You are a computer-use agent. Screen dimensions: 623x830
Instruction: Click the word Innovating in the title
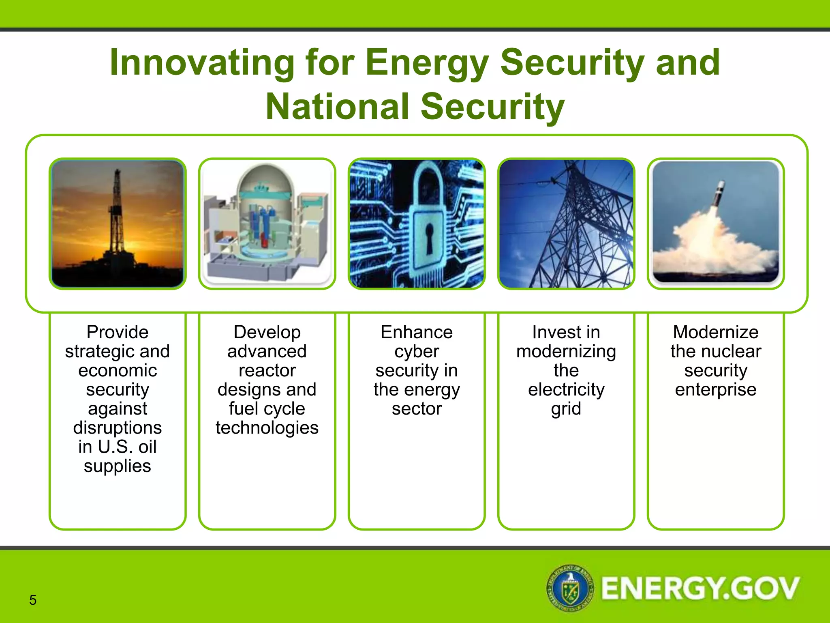202,63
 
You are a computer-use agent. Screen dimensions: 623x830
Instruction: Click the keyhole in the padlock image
428,237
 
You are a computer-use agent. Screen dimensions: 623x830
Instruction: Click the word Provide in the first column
118,332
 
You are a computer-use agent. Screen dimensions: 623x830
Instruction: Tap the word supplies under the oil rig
118,466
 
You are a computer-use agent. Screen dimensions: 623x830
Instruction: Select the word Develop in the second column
267,332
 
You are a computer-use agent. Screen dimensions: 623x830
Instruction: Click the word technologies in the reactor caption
267,428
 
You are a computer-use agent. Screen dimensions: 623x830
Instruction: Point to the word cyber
417,351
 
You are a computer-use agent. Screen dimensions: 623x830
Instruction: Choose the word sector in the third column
417,409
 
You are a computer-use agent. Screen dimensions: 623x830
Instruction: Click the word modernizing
566,351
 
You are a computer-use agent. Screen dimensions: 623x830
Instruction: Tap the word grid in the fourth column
566,409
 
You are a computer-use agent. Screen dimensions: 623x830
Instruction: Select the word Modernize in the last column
716,332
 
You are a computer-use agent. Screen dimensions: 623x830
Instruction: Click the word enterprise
716,390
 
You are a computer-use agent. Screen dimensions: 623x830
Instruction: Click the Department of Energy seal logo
571,588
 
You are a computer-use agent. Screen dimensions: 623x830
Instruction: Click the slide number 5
33,600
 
